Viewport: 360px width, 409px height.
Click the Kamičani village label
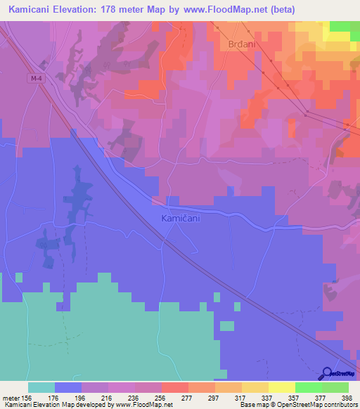pos(181,219)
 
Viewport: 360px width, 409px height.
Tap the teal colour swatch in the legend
pos(41,387)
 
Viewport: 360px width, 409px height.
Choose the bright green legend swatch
pos(308,387)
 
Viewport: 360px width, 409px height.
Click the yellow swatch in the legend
pos(281,387)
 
